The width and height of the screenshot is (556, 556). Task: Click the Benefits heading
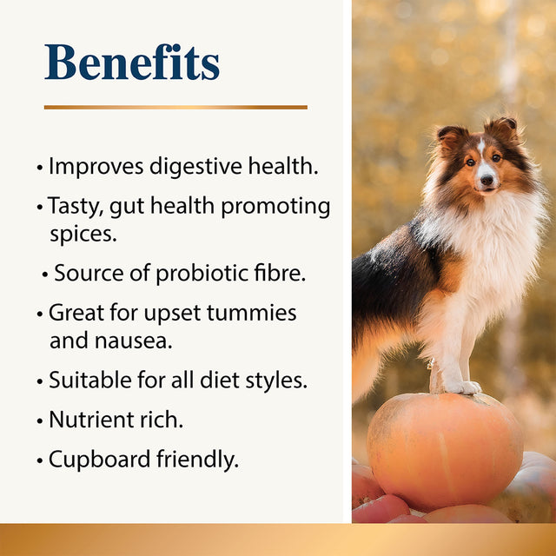[x=132, y=62]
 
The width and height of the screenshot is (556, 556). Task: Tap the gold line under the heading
[x=175, y=107]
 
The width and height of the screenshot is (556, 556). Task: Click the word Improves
[x=95, y=166]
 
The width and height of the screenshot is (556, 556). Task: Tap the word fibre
[x=278, y=273]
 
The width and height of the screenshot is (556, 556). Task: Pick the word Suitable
[x=88, y=380]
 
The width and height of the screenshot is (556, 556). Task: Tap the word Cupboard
[x=100, y=460]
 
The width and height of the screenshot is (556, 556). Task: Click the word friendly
[x=196, y=459]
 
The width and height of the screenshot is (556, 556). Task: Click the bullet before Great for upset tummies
[x=40, y=314]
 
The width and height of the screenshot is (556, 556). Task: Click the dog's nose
[x=485, y=182]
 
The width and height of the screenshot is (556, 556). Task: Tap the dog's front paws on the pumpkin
[x=460, y=387]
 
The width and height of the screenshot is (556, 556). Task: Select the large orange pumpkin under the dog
[x=445, y=452]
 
